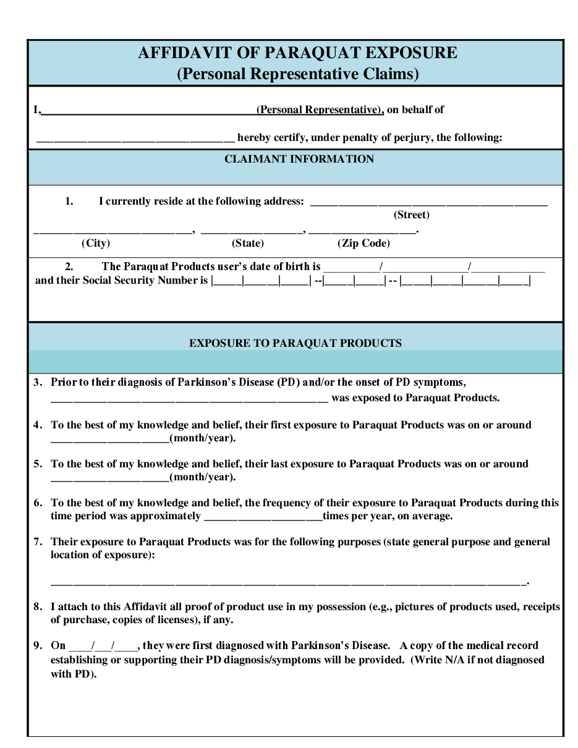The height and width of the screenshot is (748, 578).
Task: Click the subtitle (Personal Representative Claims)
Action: [x=298, y=74]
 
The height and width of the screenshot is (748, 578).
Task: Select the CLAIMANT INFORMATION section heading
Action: [x=299, y=159]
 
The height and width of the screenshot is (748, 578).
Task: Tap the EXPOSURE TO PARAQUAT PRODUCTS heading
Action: [x=295, y=343]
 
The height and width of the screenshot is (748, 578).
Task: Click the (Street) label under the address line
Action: [x=411, y=215]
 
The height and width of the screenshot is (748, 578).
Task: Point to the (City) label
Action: [x=96, y=243]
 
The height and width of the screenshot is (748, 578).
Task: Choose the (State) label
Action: [x=248, y=243]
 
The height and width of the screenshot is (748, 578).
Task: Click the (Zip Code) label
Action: [x=363, y=243]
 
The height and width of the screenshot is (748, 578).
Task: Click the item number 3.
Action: [x=38, y=382]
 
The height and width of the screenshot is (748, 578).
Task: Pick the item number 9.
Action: [x=38, y=645]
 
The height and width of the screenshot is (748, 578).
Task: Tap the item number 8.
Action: [x=38, y=606]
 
